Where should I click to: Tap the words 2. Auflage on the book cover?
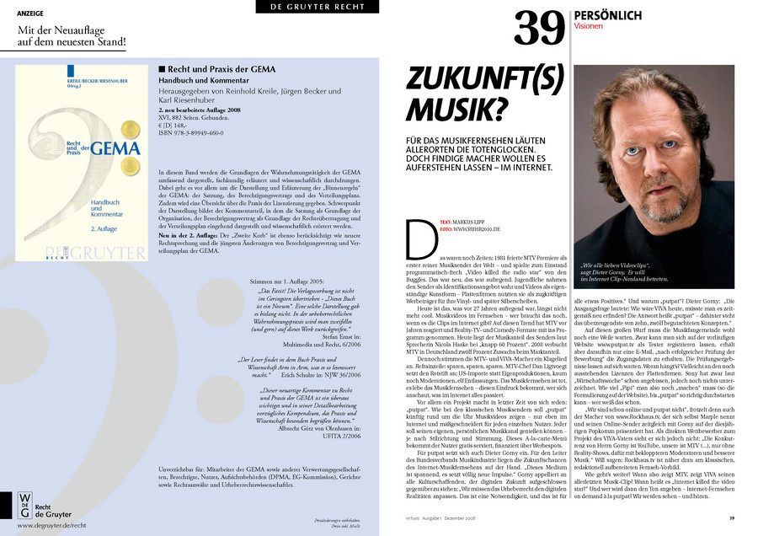pyautogui.click(x=83, y=228)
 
